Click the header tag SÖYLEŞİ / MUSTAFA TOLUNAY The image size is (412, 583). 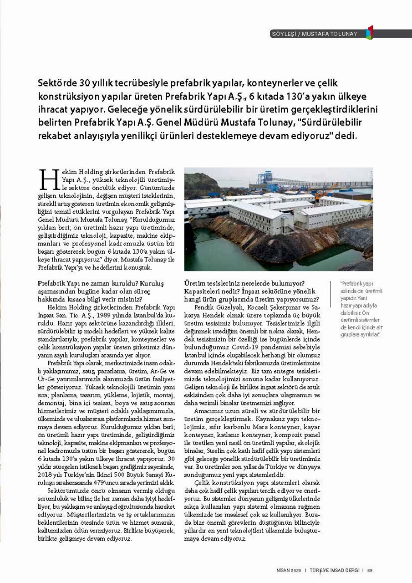pyautogui.click(x=314, y=34)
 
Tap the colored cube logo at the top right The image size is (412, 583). pyautogui.click(x=370, y=33)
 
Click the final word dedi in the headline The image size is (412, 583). pyautogui.click(x=347, y=136)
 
